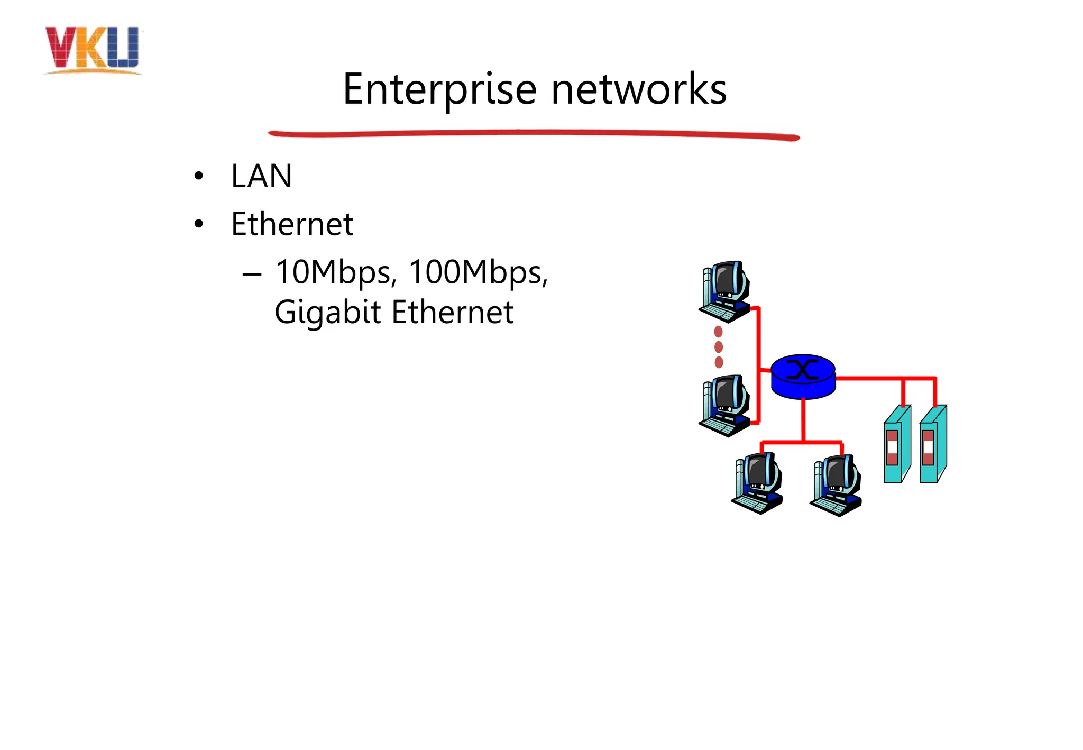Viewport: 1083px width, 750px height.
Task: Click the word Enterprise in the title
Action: pos(439,89)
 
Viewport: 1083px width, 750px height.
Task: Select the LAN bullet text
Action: pos(261,176)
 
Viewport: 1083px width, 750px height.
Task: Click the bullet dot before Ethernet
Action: pos(198,224)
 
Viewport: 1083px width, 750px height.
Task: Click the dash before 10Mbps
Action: pos(252,274)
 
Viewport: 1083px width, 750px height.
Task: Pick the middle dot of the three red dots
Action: pos(719,347)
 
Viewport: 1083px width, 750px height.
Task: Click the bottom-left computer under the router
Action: pos(757,483)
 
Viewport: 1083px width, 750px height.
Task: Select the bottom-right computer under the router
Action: pos(836,485)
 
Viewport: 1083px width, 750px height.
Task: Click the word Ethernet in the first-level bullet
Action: pos(292,224)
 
